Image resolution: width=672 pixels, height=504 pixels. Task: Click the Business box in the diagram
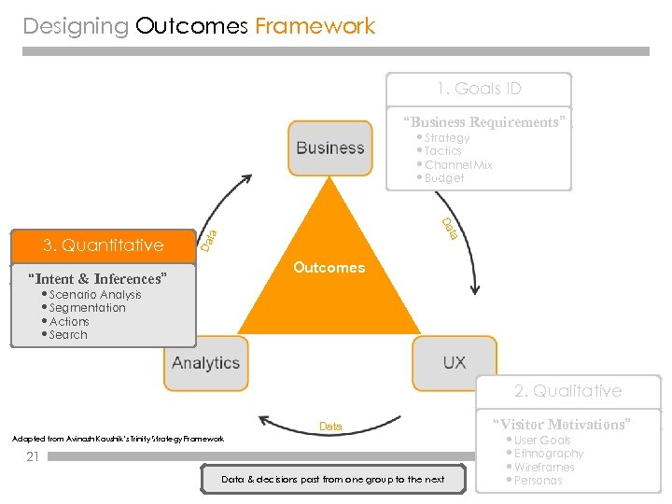coord(329,147)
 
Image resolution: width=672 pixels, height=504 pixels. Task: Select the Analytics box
coord(206,363)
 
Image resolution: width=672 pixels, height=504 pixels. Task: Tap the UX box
coord(455,363)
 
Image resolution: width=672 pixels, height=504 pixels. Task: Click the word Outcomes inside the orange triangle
coord(329,268)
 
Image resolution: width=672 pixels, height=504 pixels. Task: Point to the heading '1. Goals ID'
coord(479,90)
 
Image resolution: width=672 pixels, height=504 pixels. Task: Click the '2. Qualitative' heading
coord(567,391)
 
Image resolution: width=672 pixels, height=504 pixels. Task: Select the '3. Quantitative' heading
coord(103,245)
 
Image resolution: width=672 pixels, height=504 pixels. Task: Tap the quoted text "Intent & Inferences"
coord(98,278)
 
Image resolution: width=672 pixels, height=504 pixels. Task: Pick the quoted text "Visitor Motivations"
coord(561,424)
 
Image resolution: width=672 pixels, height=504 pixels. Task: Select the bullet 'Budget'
coord(443,178)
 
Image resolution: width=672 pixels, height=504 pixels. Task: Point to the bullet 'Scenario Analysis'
coord(94,294)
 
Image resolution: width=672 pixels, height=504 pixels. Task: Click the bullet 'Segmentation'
coord(87,308)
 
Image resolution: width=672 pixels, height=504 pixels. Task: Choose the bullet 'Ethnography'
coord(549,454)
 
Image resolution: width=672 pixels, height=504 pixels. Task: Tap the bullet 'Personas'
coord(539,481)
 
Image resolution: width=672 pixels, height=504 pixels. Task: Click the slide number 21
coord(33,456)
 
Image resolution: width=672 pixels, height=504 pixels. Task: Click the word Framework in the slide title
coord(315,26)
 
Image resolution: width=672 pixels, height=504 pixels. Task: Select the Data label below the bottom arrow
coord(330,427)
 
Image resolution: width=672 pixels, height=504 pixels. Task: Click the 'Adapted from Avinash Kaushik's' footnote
coord(118,439)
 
